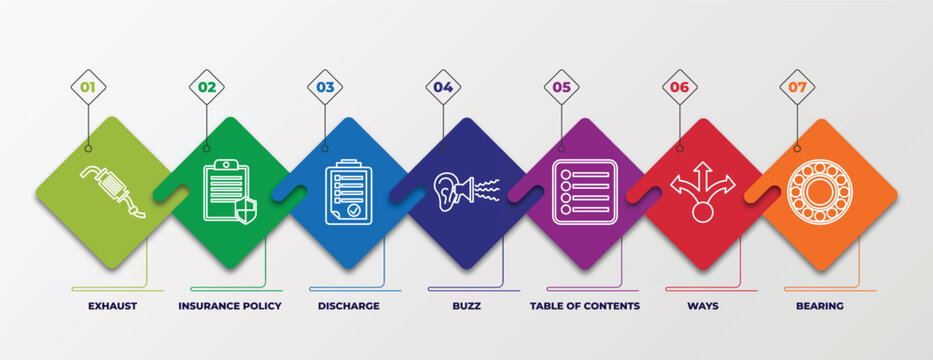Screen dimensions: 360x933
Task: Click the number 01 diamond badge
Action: (x=88, y=87)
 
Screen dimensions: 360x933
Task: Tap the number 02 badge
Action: (x=206, y=87)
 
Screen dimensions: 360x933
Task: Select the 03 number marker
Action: (x=325, y=87)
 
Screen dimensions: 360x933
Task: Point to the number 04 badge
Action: (x=443, y=87)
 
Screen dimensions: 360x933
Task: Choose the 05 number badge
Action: (x=562, y=87)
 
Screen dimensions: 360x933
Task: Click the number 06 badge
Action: (x=680, y=87)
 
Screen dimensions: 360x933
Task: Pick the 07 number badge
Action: (x=797, y=87)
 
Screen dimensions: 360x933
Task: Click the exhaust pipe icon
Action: (x=112, y=191)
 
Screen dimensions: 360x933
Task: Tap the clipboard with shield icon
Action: (x=229, y=191)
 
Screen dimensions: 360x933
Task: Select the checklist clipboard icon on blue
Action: (x=348, y=191)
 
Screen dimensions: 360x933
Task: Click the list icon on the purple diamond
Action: (x=584, y=191)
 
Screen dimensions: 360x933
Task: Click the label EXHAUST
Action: (x=112, y=306)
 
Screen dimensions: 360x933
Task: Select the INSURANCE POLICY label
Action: (x=230, y=306)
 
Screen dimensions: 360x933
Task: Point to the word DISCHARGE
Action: (x=348, y=306)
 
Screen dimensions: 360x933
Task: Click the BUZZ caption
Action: (x=466, y=306)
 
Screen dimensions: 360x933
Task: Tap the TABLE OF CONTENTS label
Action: (x=585, y=306)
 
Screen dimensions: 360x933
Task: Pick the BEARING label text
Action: (x=820, y=306)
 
